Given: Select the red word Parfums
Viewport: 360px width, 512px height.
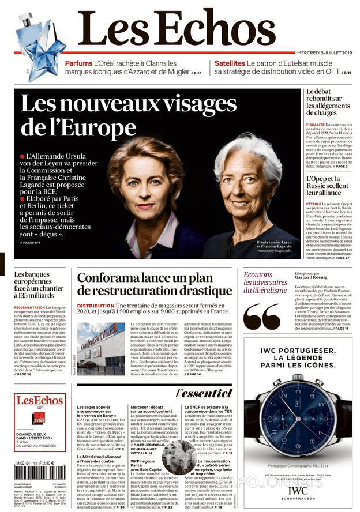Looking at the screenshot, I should point(78,63).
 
